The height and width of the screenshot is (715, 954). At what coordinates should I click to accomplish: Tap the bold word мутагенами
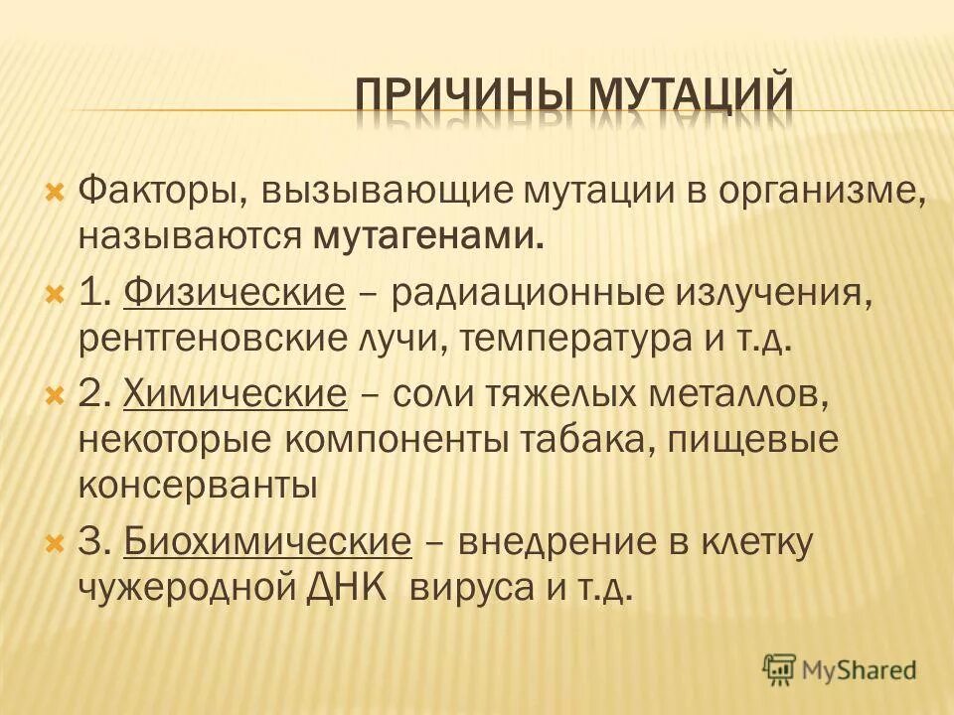429,235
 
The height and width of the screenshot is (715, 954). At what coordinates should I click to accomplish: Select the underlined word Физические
236,292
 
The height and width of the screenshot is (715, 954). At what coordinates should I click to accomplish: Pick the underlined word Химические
236,394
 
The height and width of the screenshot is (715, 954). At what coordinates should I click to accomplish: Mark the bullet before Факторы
56,188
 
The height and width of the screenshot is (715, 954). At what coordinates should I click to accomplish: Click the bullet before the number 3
56,542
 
